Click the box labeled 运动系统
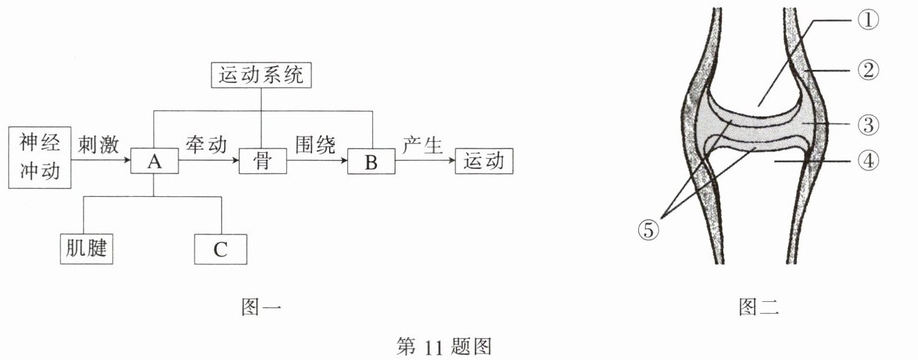click(261, 75)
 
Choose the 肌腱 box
click(87, 249)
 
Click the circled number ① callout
click(867, 21)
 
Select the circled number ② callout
click(867, 70)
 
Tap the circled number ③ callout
click(867, 125)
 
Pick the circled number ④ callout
click(867, 159)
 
